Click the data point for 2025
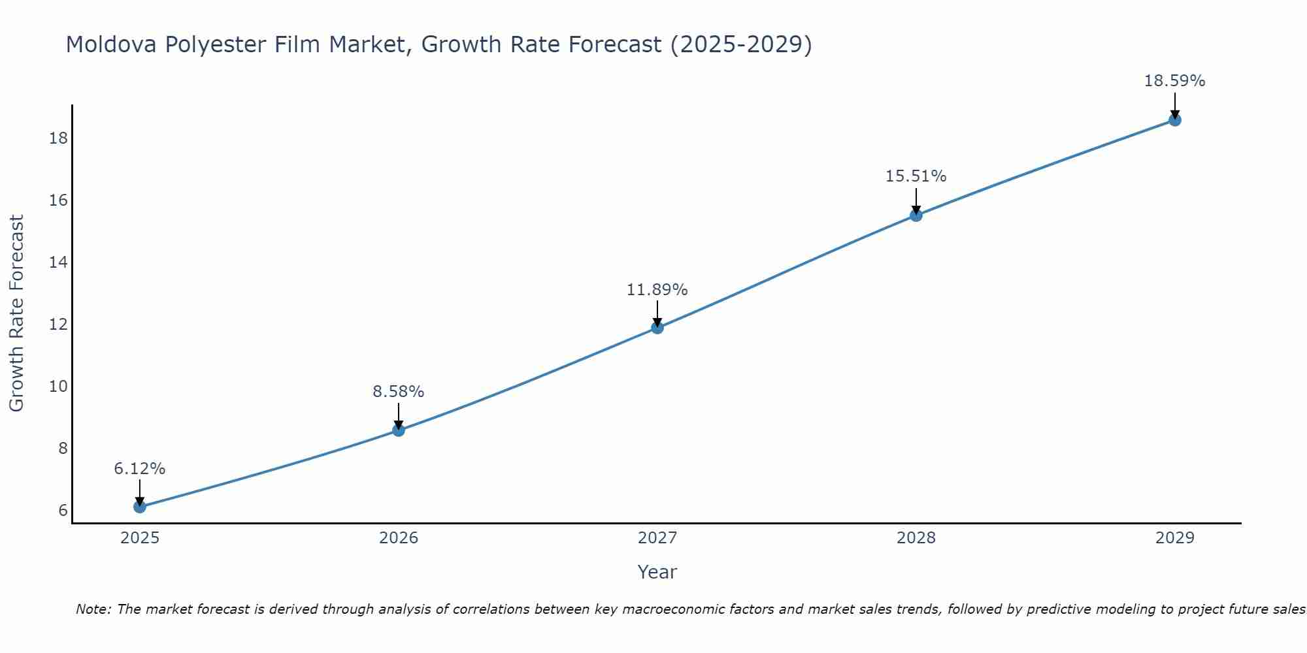[139, 507]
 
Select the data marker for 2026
[399, 430]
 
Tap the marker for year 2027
[657, 328]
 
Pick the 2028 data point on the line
[916, 215]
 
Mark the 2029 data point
[1175, 120]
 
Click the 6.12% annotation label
[139, 469]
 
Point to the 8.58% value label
[399, 392]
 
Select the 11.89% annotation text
[657, 290]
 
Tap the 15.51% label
[916, 176]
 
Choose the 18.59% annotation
[1175, 81]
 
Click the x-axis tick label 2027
[657, 538]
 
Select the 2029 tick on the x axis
[1175, 538]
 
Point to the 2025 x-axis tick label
[140, 538]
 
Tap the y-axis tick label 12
[58, 325]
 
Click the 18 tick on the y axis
[58, 138]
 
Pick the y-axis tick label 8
[63, 449]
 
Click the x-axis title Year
[657, 572]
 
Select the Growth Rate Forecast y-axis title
[17, 313]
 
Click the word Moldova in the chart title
[110, 45]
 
